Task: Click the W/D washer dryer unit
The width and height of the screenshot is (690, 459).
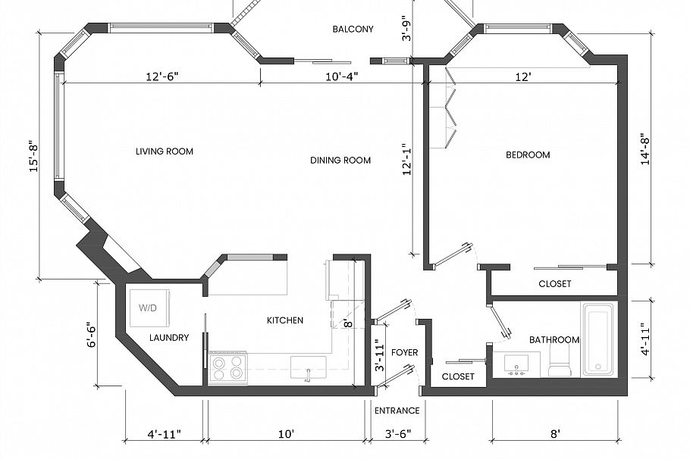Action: pyautogui.click(x=149, y=308)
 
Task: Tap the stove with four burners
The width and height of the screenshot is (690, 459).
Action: pyautogui.click(x=227, y=367)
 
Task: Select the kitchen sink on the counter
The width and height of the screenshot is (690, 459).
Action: pyautogui.click(x=308, y=367)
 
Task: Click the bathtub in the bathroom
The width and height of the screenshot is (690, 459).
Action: pyautogui.click(x=599, y=339)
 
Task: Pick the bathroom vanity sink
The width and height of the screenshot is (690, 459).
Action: pyautogui.click(x=517, y=364)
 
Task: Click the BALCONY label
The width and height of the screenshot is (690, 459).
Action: pyautogui.click(x=353, y=30)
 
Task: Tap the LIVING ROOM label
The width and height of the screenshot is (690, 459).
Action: pyautogui.click(x=165, y=151)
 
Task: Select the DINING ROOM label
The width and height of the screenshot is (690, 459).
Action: pyautogui.click(x=340, y=160)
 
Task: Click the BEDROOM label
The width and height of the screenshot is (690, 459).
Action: pyautogui.click(x=528, y=155)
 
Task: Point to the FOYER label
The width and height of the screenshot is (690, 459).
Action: pyautogui.click(x=405, y=353)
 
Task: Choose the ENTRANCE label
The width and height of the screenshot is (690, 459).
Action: pyautogui.click(x=397, y=411)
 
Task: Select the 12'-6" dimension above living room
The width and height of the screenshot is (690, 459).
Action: pyautogui.click(x=163, y=76)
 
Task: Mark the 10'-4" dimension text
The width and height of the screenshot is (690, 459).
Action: pyautogui.click(x=342, y=76)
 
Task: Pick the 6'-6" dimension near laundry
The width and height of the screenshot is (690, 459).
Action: pyautogui.click(x=90, y=335)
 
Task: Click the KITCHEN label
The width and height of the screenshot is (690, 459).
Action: pyautogui.click(x=285, y=320)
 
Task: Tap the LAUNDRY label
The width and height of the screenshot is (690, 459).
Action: pyautogui.click(x=168, y=338)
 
